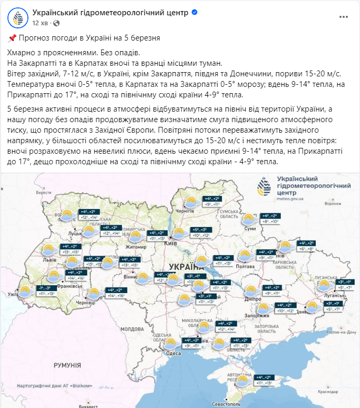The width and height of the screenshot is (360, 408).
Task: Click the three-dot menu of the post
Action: coord(344,17)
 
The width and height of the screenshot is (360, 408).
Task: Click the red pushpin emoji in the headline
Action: coord(13,38)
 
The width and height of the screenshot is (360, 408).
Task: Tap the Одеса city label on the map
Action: coord(173,353)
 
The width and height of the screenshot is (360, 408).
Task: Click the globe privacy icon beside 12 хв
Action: coord(56,23)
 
